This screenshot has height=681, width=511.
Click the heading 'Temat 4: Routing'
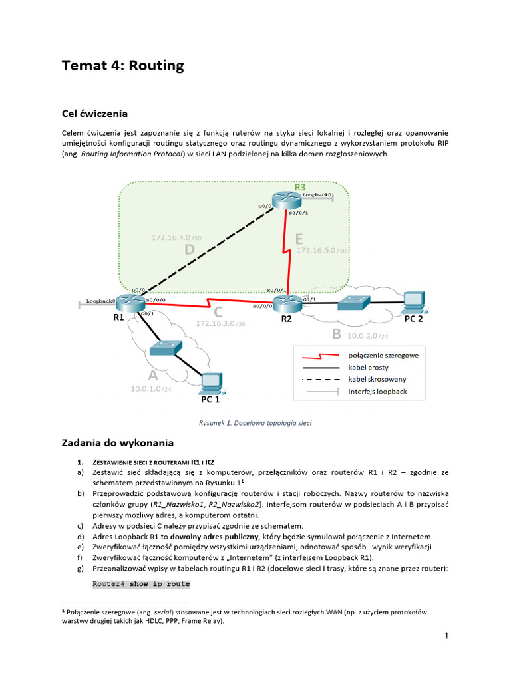click(x=122, y=66)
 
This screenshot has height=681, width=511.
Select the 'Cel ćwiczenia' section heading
click(x=94, y=113)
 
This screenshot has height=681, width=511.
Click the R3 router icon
click(x=287, y=202)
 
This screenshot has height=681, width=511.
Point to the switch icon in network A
click(x=166, y=348)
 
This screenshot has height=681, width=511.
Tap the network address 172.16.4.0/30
click(x=176, y=237)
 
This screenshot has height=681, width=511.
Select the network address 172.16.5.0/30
click(x=321, y=250)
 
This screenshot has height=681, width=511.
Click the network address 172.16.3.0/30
click(x=220, y=323)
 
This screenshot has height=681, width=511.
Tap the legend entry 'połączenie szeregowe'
click(x=383, y=355)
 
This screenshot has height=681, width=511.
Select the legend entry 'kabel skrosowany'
click(x=377, y=379)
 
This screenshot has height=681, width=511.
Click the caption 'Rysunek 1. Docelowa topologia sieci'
click(x=255, y=422)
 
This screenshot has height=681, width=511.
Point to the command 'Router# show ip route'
click(x=141, y=584)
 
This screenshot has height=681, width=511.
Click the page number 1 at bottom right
click(x=447, y=636)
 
